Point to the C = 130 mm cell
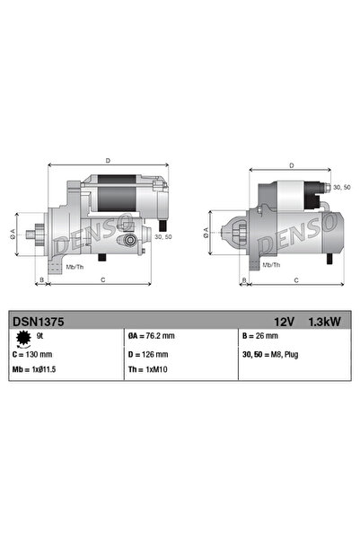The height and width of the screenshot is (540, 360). tap(33, 353)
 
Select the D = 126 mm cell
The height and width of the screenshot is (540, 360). tap(148, 353)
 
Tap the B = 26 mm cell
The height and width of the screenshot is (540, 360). tap(260, 336)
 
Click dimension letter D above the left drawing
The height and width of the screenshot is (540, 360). tap(108, 161)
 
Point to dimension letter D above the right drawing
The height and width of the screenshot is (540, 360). tap(292, 165)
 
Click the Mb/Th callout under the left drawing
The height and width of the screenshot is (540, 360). tap(75, 267)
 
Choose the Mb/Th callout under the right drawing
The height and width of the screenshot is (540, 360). tap(269, 266)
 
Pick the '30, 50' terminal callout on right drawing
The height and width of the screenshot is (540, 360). tap(341, 187)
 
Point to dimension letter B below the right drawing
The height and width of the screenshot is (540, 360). tap(243, 280)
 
